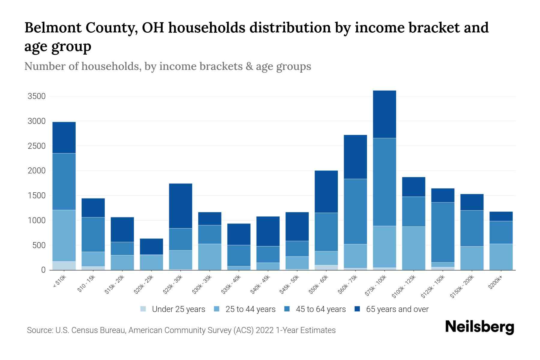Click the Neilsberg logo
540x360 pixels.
(479, 327)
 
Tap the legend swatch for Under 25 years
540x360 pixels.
(143, 309)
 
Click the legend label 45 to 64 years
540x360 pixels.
(320, 309)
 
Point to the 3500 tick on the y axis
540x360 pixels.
(36, 96)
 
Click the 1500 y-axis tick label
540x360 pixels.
(36, 196)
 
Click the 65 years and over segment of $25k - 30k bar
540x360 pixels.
(181, 206)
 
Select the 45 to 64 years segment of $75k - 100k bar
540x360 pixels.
(384, 182)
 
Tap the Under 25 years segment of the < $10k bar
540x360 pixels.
(64, 266)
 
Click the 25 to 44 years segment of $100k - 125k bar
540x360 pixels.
(413, 248)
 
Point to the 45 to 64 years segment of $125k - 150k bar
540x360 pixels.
(442, 232)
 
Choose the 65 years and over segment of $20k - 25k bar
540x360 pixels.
(151, 247)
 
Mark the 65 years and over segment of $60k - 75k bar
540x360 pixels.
(355, 157)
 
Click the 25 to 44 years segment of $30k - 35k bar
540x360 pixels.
(210, 257)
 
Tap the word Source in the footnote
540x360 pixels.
(39, 330)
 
